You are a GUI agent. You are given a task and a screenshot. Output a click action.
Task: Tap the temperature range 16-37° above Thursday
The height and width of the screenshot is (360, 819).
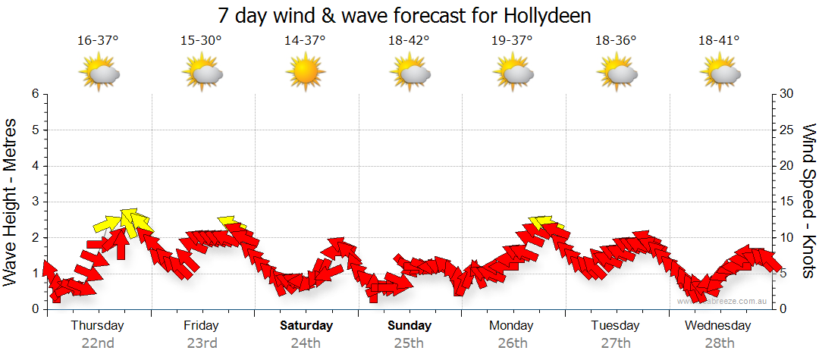click(98, 40)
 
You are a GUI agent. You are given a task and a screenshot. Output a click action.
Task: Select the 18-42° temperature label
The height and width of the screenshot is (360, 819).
click(409, 40)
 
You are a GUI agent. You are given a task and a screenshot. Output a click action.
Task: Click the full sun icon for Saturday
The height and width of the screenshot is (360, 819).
click(305, 73)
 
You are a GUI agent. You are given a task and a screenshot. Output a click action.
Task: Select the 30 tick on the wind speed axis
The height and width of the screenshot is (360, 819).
click(787, 94)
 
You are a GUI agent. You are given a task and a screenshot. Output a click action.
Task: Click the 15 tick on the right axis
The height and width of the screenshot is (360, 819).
click(787, 202)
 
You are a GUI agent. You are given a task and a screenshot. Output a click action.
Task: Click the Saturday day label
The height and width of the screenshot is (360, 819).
click(306, 326)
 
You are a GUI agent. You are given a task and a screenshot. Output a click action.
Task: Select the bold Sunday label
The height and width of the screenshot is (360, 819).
click(409, 326)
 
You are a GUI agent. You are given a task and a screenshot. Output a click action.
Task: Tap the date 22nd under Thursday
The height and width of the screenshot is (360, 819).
click(98, 343)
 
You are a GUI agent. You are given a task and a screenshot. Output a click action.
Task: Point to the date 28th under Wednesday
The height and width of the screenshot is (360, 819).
click(718, 343)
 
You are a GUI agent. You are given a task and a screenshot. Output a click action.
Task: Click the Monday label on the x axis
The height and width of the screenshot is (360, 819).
click(512, 326)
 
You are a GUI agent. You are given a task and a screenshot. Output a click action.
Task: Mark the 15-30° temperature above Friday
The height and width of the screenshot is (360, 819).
click(202, 40)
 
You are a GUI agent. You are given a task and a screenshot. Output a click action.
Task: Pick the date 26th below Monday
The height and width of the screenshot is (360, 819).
click(512, 343)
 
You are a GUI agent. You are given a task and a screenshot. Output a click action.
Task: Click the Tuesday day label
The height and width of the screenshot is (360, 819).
click(615, 326)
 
